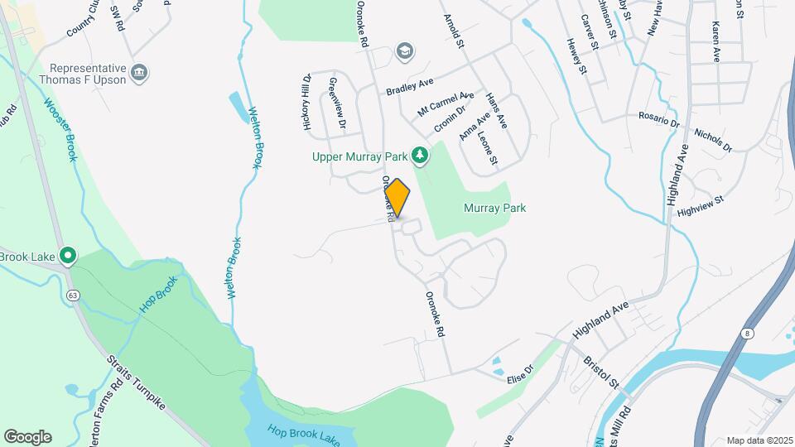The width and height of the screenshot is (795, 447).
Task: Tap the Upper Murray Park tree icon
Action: [422, 155]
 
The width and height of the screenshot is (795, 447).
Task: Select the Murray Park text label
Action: [495, 209]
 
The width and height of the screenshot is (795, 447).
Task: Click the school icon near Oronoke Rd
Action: [405, 51]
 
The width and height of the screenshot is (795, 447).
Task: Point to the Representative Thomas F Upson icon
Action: [140, 74]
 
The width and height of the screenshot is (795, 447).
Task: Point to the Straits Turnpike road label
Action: [137, 386]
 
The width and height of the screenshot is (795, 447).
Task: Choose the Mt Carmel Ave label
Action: [446, 104]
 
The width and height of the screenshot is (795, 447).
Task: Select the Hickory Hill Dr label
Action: [306, 103]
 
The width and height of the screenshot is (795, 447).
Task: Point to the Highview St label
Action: [700, 205]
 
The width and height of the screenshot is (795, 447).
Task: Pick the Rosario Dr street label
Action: [658, 119]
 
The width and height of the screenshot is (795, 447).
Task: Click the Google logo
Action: [27, 436]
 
